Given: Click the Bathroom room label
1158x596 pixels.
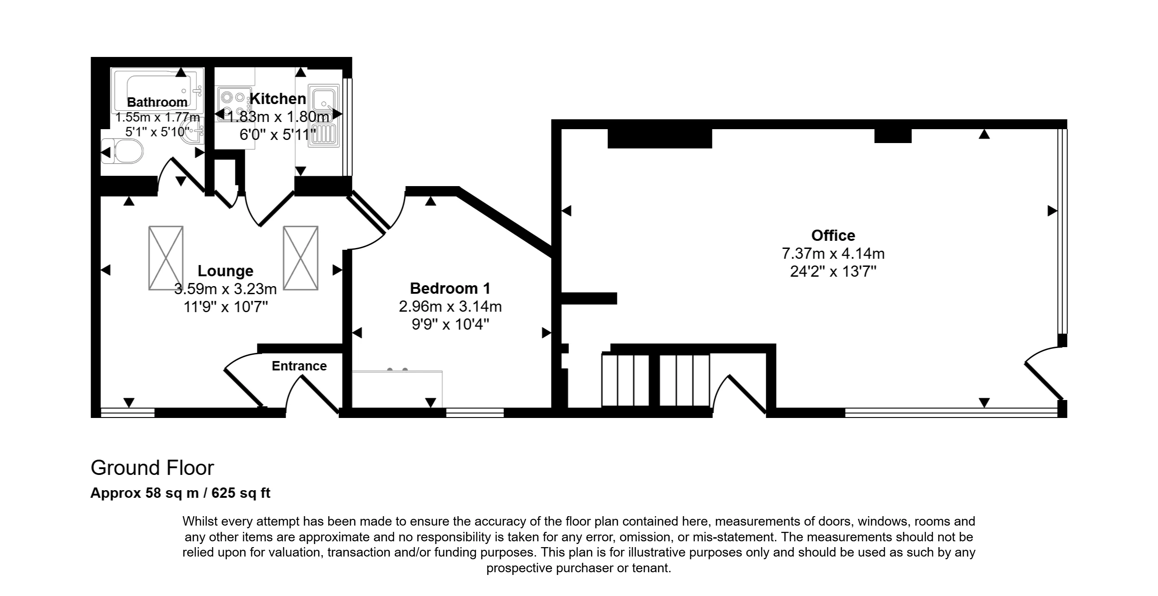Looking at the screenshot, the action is click(x=157, y=102).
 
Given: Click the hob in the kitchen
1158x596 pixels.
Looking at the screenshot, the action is click(x=234, y=104).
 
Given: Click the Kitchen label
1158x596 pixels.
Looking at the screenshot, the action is click(x=278, y=99).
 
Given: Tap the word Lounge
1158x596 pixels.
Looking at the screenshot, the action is click(x=225, y=271).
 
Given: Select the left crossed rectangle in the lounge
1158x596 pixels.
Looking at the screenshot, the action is click(x=166, y=258).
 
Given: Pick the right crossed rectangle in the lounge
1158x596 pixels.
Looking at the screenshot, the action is click(x=301, y=258).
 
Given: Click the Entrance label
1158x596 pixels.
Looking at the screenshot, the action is click(x=299, y=365).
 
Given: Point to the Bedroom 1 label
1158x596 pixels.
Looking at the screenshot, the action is click(x=450, y=288).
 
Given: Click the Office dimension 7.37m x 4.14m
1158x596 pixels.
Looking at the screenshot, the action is click(x=833, y=253).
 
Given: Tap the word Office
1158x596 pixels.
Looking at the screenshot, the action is click(x=833, y=235).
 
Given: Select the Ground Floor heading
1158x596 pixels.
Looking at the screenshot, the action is click(x=152, y=468).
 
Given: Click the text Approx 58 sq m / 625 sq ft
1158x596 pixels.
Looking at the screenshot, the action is click(x=180, y=493).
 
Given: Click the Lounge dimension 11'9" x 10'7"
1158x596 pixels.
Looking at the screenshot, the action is click(x=226, y=307).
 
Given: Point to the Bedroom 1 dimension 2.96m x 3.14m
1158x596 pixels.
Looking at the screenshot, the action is click(x=450, y=306).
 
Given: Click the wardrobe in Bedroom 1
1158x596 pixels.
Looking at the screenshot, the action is click(x=397, y=388).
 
